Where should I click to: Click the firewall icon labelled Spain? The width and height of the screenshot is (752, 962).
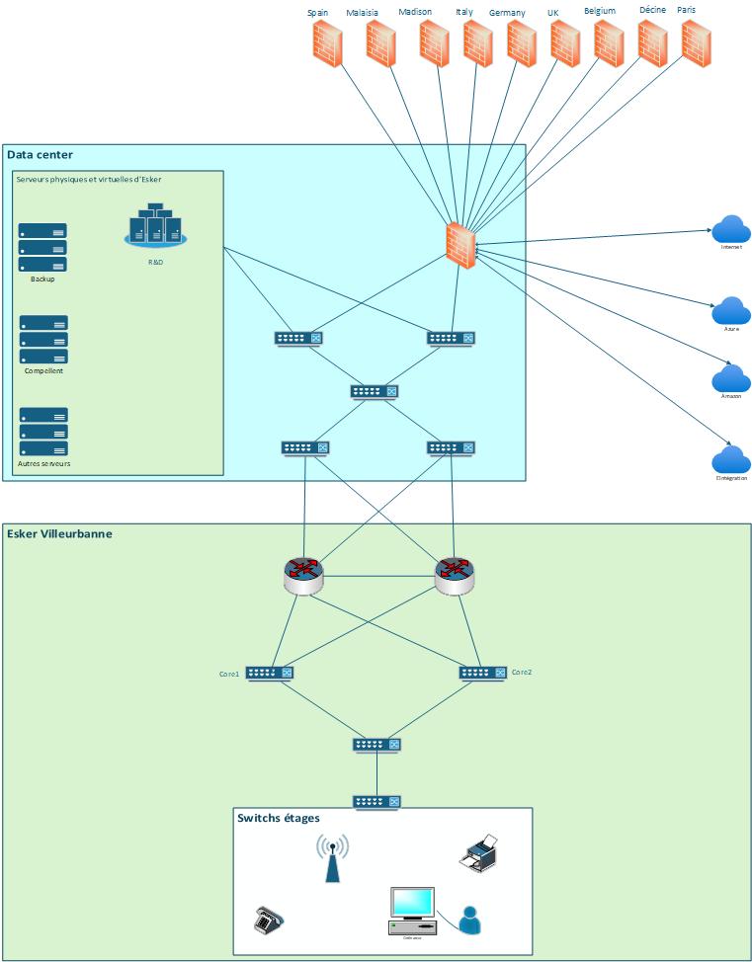327,43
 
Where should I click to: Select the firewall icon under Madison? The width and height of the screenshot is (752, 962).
434,42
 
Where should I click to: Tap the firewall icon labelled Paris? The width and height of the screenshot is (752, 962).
696,42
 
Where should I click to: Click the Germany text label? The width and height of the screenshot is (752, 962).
507,13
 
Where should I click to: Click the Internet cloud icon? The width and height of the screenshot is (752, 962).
731,229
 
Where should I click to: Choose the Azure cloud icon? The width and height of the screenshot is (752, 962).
731,311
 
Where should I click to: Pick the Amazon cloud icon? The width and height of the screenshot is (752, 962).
731,379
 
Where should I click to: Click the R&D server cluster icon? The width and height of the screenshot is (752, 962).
156,226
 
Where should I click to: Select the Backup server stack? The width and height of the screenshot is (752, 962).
42,248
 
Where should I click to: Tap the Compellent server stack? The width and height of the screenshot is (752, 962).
42,340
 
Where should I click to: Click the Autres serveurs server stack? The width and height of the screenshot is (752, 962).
42,432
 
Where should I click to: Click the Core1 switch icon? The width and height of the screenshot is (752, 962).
270,673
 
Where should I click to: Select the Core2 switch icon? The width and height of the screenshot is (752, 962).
483,673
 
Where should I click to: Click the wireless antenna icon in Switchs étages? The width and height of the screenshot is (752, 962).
332,858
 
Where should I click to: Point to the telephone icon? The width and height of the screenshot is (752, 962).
269,920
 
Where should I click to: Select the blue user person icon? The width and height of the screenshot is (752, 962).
470,919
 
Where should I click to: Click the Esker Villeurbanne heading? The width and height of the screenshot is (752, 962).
59,534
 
